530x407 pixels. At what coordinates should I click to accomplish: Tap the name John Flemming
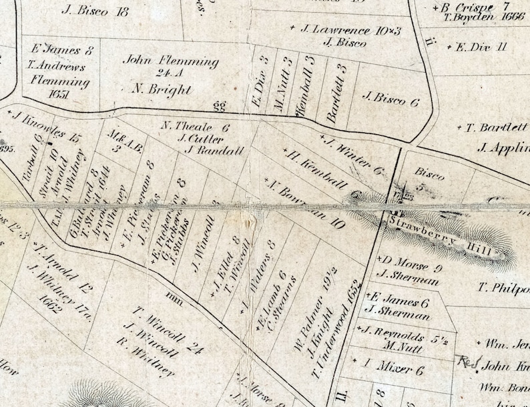(171, 61)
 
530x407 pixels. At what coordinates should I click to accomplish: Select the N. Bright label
(162, 90)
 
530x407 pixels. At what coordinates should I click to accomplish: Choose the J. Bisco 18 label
(95, 11)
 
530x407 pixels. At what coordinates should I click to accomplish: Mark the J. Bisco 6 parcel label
(390, 101)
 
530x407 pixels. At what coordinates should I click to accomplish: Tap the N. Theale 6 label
(196, 126)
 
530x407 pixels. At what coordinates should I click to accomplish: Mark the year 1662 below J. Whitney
(51, 298)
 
